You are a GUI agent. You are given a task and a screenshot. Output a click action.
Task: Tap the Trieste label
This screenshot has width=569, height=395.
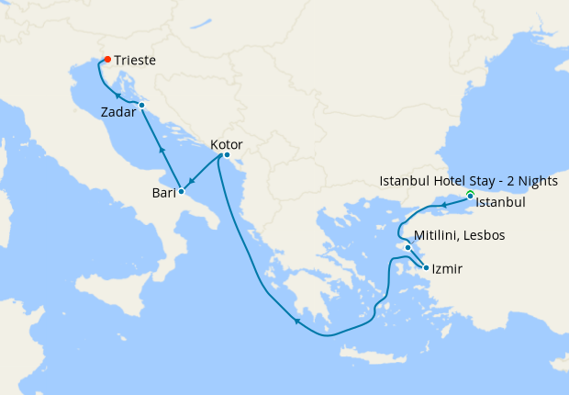tap(135, 61)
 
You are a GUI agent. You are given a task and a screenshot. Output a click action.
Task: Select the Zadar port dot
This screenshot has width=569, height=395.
tap(141, 106)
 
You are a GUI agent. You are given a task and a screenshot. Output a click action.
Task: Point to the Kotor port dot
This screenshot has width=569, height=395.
tap(227, 154)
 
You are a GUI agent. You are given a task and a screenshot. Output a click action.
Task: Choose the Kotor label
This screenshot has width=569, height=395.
tap(226, 144)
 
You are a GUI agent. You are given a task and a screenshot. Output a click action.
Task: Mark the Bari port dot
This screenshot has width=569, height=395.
tap(181, 191)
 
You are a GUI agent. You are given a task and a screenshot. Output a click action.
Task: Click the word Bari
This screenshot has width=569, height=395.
tap(163, 193)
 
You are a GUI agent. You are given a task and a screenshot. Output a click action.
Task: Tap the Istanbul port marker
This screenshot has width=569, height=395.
tap(470, 196)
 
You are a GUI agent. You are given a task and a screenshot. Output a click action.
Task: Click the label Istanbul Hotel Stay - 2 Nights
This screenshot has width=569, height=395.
tap(468, 182)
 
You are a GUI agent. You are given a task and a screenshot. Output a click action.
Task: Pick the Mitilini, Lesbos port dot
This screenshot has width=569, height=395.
tap(407, 247)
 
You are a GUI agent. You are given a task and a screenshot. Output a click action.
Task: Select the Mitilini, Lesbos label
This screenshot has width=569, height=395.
tap(459, 236)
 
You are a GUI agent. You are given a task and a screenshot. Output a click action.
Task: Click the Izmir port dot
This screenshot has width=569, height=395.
tap(426, 268)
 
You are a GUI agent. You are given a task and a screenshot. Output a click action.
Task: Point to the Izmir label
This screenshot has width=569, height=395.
tap(447, 269)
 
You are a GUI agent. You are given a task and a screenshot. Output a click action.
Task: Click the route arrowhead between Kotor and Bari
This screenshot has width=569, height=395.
tap(192, 181)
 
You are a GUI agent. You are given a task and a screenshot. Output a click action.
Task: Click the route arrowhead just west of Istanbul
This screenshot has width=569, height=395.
tap(443, 204)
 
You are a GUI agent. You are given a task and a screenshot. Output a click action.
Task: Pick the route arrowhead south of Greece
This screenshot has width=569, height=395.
tap(296, 321)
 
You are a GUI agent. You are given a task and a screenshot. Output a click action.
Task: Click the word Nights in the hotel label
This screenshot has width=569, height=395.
tap(537, 182)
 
